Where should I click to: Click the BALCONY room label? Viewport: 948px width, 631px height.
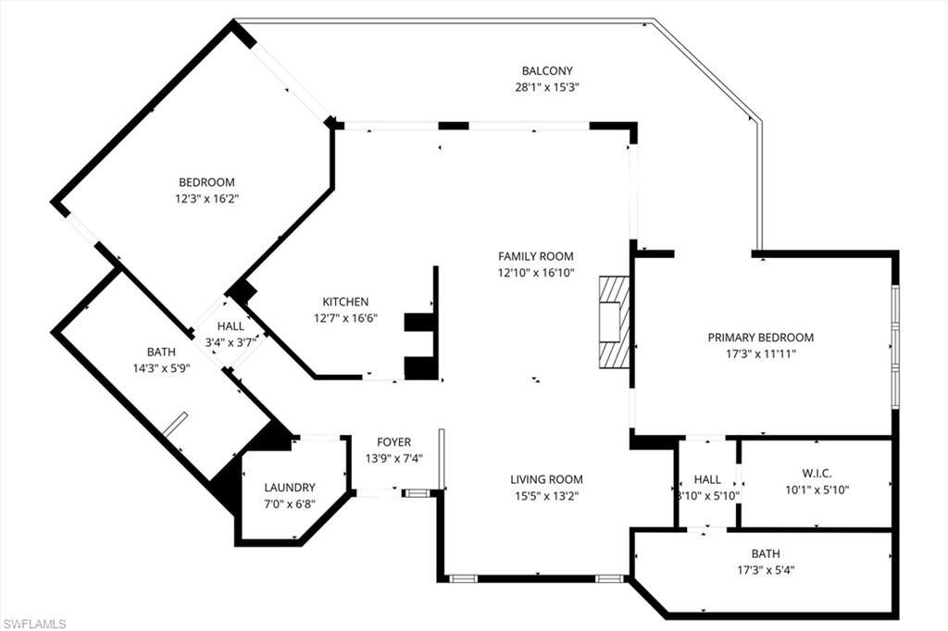coord(546,71)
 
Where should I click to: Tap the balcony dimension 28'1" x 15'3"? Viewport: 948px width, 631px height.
coord(546,88)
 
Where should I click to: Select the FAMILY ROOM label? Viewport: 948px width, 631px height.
coord(535,256)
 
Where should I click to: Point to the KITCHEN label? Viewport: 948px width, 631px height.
coord(345,302)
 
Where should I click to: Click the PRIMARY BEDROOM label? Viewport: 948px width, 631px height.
coord(761,338)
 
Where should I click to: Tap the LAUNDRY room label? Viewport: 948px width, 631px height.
coord(289,488)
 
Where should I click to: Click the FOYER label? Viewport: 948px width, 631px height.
coord(393,442)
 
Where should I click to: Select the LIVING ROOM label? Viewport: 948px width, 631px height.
coord(546,479)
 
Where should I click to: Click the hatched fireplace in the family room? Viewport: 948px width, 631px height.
coord(614,322)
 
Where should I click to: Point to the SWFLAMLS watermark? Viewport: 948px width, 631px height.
coord(34,624)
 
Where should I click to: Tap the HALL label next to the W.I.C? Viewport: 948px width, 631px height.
coord(707,479)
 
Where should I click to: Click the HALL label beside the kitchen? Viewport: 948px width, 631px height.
coord(231,326)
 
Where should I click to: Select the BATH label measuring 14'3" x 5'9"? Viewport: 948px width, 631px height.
coord(160,352)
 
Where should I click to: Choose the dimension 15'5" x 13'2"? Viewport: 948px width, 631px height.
coord(546,496)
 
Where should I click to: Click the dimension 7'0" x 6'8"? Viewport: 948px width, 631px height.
coord(289,504)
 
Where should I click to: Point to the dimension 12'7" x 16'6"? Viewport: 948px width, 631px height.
coord(345,318)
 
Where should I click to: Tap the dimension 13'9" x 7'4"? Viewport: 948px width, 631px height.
coord(393,459)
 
